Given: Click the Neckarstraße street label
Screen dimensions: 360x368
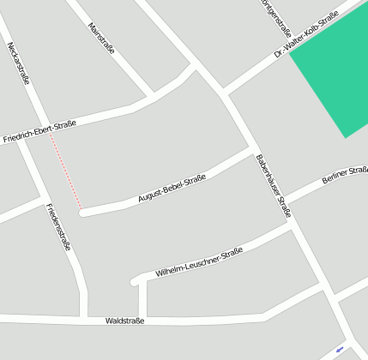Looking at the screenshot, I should click(18, 63).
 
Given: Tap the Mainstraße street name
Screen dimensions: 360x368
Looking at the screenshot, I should click(101, 39).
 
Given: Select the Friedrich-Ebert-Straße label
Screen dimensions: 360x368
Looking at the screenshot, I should click(39, 130).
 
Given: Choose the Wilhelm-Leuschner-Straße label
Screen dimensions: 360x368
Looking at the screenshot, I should click(199, 262).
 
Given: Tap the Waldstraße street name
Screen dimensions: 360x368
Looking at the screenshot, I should click(124, 321).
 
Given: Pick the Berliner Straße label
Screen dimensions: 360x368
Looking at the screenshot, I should click(344, 177).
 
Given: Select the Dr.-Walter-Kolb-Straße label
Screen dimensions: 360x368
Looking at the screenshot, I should click(305, 36).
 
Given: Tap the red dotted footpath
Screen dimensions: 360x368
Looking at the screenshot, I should click(66, 171).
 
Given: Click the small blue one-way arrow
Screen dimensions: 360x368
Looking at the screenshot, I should click(341, 349).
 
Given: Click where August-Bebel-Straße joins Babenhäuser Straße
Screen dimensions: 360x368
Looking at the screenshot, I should click(251, 151).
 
